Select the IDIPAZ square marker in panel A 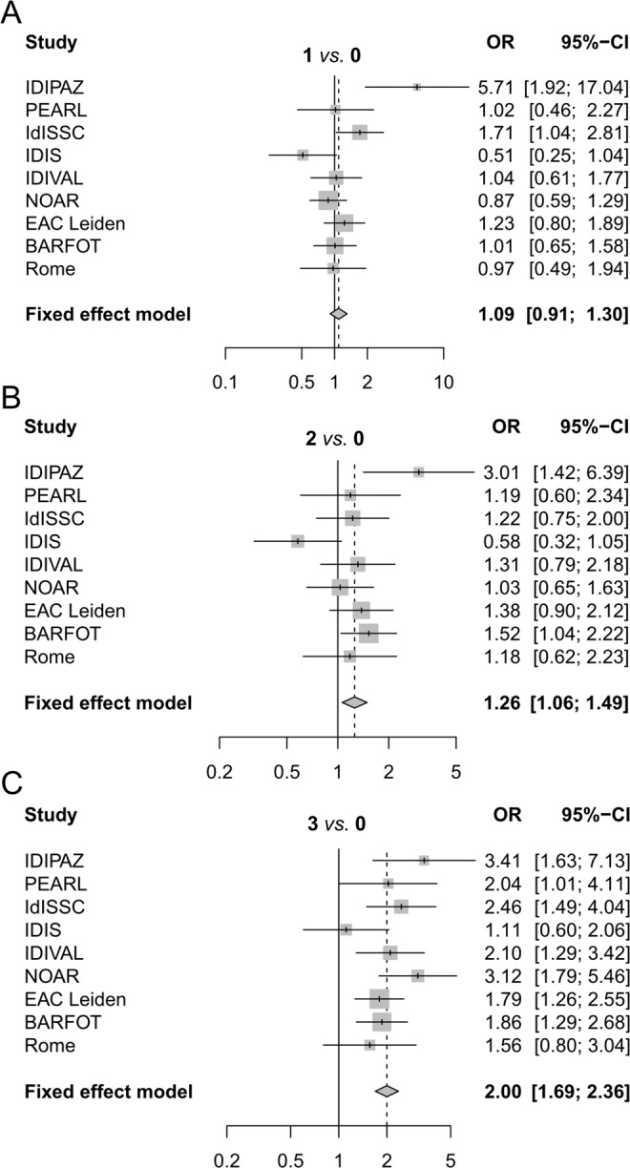tap(416, 87)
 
